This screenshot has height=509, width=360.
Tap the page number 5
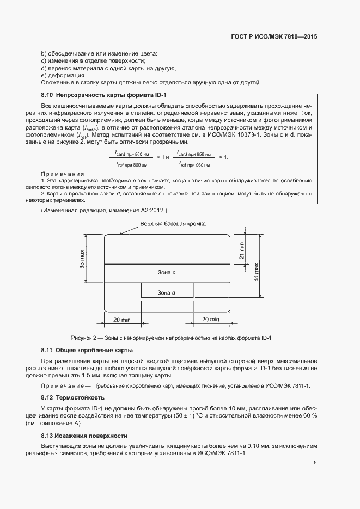315,463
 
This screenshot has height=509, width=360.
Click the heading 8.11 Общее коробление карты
87,349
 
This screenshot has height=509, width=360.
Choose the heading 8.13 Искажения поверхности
84,436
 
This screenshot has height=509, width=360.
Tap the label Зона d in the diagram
166,292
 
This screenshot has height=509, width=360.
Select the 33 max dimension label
82,259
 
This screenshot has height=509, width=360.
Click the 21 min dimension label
242,250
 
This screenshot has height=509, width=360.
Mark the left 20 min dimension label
123,319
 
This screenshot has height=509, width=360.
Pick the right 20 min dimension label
210,319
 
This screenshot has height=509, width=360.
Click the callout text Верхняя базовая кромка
172,224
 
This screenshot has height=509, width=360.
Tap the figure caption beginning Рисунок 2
172,338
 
